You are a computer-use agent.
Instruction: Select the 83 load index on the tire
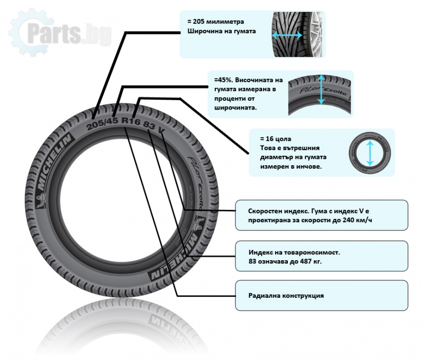[x=149, y=125]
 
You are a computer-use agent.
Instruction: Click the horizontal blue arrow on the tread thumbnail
[x=287, y=36]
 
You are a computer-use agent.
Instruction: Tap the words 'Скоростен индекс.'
[x=276, y=211]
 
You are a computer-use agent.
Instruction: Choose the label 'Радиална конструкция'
[x=286, y=296]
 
